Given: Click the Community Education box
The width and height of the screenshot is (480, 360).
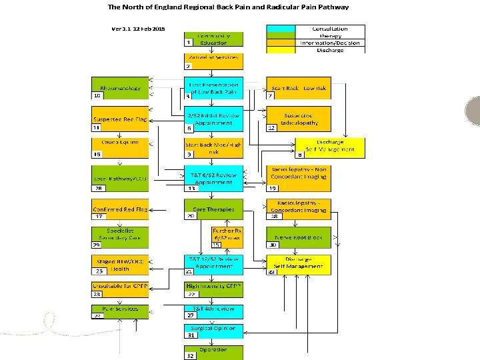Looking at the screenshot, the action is pos(213,38).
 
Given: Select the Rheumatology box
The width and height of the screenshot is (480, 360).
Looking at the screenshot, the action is pos(121,88).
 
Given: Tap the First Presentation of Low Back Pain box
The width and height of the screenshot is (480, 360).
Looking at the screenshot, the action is pos(213,88).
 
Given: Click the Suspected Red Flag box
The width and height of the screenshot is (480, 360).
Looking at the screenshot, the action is pos(121,119).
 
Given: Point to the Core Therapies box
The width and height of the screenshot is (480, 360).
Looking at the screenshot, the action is pos(213,209).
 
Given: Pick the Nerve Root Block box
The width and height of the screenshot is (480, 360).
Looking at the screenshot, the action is pos(297,237).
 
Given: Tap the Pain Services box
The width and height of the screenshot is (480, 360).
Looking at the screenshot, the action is pos(121,309).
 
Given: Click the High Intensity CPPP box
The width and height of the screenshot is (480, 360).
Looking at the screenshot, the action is pos(213,285).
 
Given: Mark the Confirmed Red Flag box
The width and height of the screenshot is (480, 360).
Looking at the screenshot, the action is pos(121,209).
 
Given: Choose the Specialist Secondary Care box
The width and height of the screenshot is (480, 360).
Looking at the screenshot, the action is pos(121,233).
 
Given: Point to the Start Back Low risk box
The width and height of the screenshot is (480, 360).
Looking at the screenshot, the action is pos(297,88).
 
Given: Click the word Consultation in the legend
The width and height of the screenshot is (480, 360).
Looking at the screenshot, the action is pos(330,29).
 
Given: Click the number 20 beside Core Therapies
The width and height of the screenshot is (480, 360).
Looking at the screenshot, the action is pos(191,216).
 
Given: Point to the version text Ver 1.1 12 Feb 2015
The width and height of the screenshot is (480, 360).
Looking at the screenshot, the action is pos(138,29).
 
